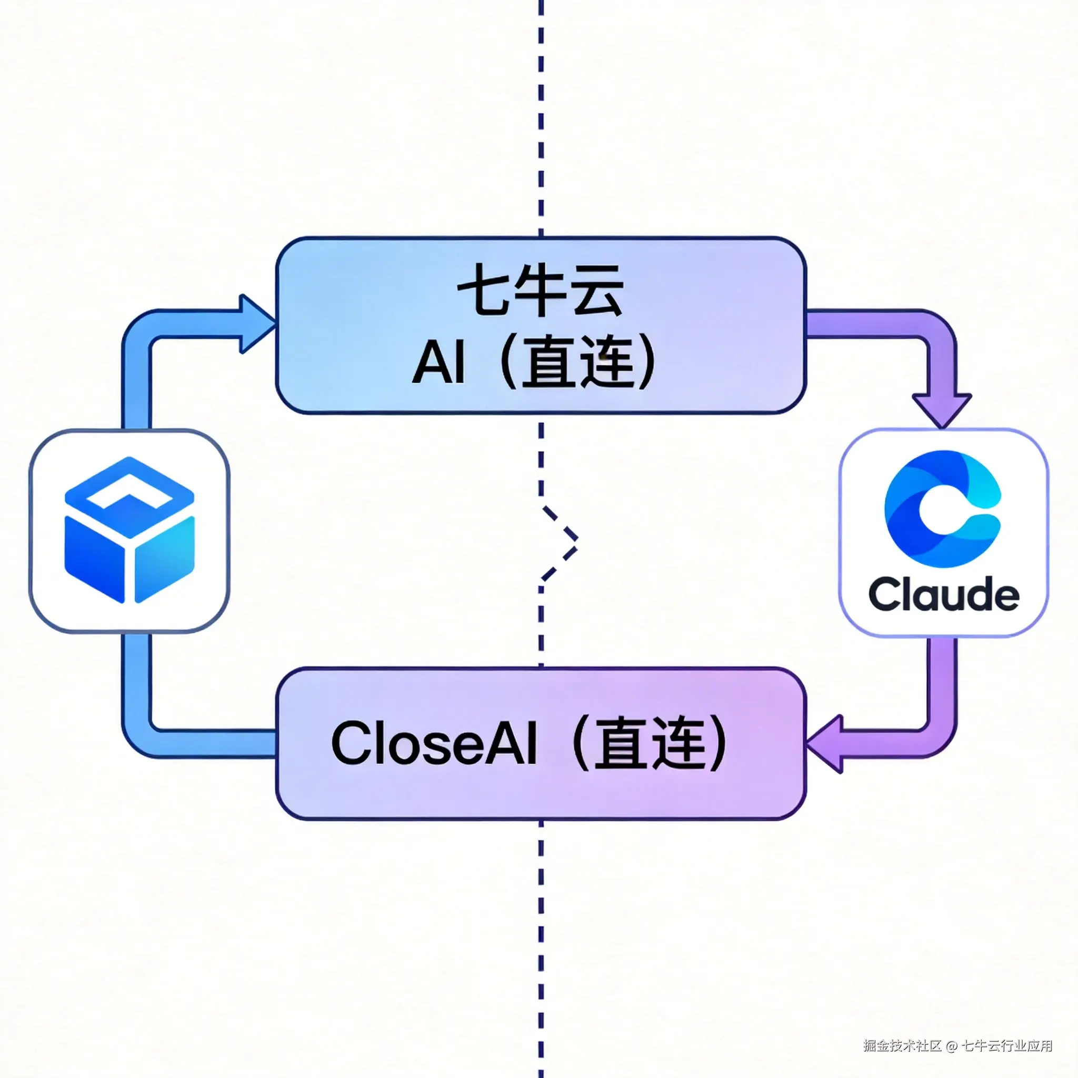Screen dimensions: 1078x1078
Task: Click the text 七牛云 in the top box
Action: pos(540,291)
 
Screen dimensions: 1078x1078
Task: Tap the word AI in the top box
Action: pos(438,363)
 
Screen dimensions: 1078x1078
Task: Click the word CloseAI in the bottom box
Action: pos(434,743)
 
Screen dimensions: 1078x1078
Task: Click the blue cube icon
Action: pos(129,530)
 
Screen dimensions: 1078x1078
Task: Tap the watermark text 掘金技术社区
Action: pos(902,1046)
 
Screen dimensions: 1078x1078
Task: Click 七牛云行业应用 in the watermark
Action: pos(1007,1046)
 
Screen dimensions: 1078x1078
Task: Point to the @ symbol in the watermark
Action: pos(952,1046)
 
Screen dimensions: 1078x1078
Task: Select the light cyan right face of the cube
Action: pos(165,558)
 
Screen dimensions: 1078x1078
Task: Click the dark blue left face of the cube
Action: pos(94,558)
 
